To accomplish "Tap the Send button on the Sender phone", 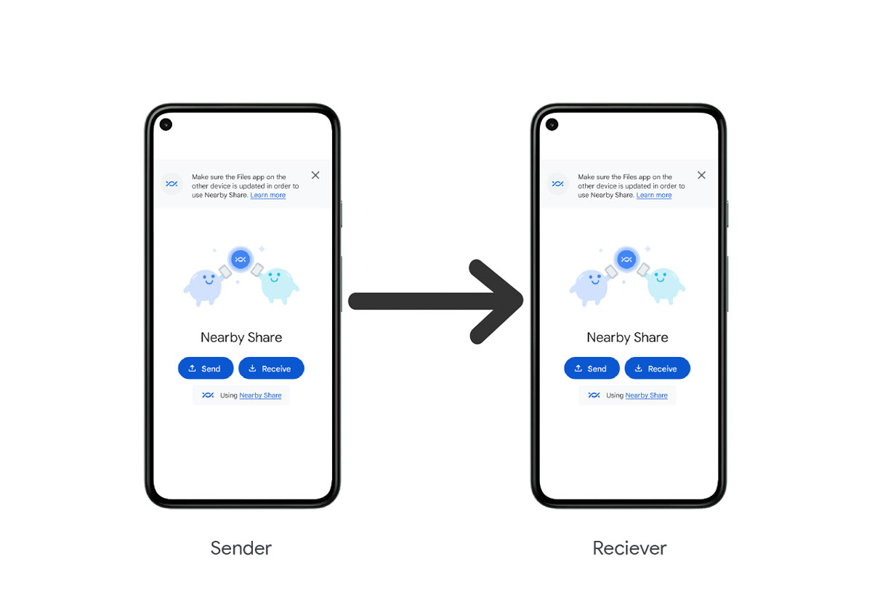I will (206, 369).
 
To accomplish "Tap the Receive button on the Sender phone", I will (271, 369).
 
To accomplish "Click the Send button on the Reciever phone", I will (592, 369).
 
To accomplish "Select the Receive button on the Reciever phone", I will (657, 369).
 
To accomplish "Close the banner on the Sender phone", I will (315, 175).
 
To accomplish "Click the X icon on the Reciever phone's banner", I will (701, 175).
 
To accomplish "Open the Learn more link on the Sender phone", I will (268, 196).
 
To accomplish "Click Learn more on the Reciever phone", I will (654, 196).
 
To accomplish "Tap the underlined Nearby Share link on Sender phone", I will (260, 395).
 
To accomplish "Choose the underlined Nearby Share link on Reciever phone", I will (646, 395).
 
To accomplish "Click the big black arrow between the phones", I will (436, 301).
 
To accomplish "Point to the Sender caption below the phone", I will (241, 548).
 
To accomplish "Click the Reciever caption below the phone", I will (629, 548).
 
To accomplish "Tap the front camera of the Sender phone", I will (166, 124).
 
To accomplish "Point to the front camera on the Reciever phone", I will (552, 124).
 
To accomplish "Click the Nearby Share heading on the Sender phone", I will (241, 337).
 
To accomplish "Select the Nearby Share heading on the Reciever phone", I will (627, 337).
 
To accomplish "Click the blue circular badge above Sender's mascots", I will (241, 259).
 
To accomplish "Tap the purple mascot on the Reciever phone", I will (589, 284).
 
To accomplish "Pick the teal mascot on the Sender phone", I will (277, 284).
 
